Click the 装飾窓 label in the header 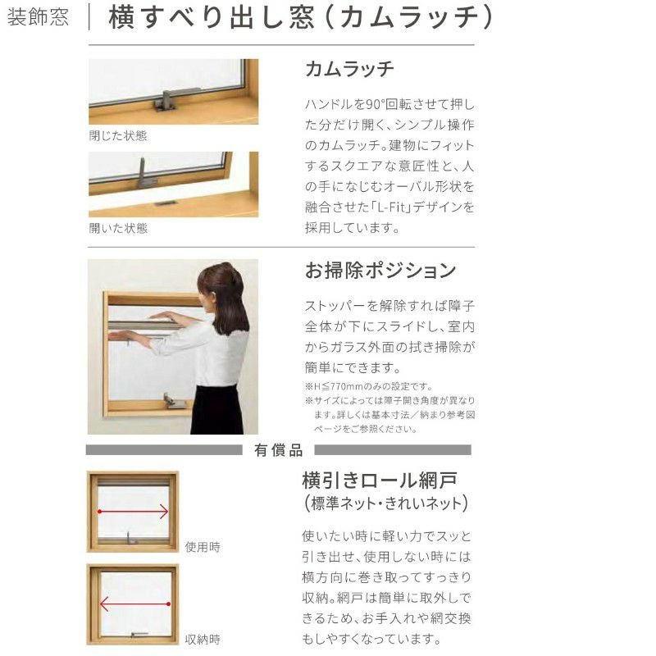38,17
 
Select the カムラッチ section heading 349,69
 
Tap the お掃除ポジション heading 380,271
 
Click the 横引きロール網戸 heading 380,481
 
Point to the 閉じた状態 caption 118,135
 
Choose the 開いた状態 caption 118,228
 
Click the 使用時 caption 203,547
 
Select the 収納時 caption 203,640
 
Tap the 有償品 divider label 278,450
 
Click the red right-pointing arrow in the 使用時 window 133,511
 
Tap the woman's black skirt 216,409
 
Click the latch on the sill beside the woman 175,401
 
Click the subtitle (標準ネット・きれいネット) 385,503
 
